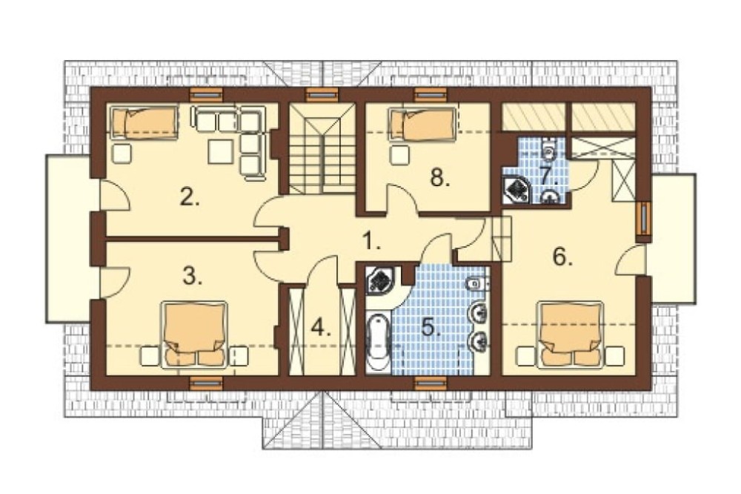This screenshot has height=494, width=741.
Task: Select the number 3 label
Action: click(x=193, y=276)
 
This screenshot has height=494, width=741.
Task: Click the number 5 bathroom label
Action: click(x=431, y=327)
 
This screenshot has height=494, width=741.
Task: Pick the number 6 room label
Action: click(x=562, y=257)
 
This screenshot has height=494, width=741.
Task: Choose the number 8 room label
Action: click(x=439, y=178)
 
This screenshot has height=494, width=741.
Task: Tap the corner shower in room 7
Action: click(x=516, y=188)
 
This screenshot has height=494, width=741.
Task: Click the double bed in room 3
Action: click(x=193, y=335)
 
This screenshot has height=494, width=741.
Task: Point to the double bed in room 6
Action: click(x=571, y=335)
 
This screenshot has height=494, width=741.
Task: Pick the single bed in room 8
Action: click(x=422, y=124)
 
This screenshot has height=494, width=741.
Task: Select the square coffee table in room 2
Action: click(x=221, y=151)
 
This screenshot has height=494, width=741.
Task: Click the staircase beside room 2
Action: click(x=322, y=148)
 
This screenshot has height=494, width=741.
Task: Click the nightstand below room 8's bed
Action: click(x=400, y=154)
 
